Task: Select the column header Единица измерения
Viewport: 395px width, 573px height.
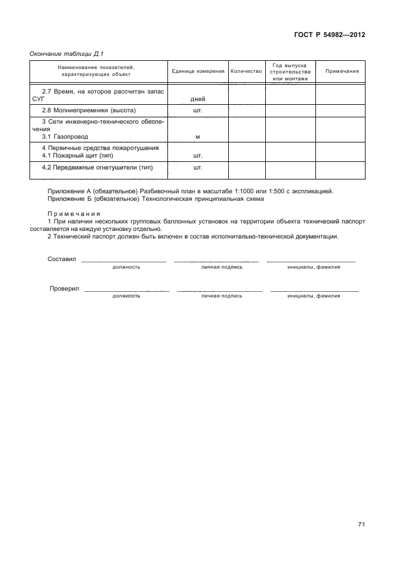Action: pyautogui.click(x=198, y=72)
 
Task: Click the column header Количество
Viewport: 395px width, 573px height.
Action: pyautogui.click(x=246, y=72)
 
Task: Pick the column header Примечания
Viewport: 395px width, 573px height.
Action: pyautogui.click(x=342, y=72)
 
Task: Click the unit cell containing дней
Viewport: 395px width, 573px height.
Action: pyautogui.click(x=198, y=99)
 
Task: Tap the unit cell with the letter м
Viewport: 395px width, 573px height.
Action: pyautogui.click(x=198, y=136)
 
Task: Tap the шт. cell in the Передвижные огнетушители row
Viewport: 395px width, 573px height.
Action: pyautogui.click(x=198, y=168)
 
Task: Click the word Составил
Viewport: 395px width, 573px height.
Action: pyautogui.click(x=61, y=259)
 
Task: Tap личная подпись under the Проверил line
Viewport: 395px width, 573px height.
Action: pyautogui.click(x=221, y=296)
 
